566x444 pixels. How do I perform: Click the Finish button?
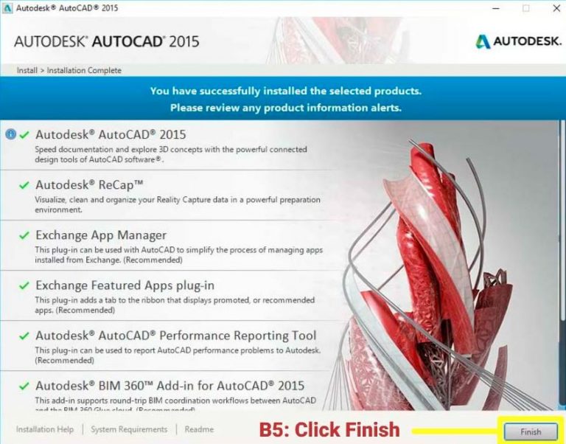[531, 431]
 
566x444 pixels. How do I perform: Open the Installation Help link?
[45, 429]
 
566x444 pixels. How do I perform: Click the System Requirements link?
[129, 429]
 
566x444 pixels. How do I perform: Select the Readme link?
[199, 429]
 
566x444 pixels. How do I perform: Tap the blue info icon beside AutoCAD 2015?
[10, 134]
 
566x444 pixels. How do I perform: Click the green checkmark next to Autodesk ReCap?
[25, 185]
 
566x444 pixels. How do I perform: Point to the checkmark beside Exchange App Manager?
[25, 235]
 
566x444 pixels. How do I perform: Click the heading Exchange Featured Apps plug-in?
[125, 285]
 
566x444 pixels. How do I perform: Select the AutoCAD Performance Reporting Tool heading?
[175, 336]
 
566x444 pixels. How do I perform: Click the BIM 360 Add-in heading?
[170, 386]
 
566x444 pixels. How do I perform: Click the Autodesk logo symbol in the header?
[483, 41]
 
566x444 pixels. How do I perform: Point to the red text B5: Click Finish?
[329, 430]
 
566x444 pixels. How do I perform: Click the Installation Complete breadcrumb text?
[84, 71]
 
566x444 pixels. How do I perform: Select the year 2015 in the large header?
[184, 41]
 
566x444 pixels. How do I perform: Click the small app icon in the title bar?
[8, 8]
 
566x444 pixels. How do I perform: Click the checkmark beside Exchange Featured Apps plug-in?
[25, 285]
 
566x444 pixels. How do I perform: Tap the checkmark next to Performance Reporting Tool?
[25, 336]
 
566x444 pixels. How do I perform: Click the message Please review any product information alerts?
[286, 108]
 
